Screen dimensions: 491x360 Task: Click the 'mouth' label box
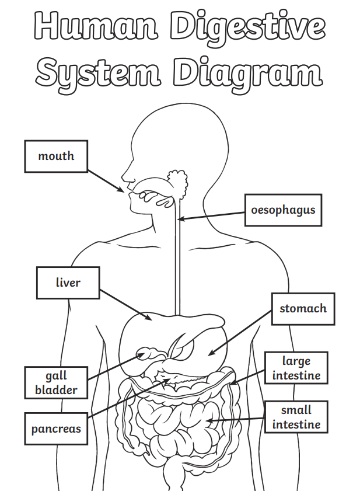coord(56,156)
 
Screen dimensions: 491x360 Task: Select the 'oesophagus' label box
coord(283,210)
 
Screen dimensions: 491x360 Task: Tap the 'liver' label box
coord(68,283)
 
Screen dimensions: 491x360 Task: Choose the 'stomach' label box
coord(303,308)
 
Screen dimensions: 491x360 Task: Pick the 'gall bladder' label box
coord(56,382)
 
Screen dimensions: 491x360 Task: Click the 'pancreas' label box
coord(56,429)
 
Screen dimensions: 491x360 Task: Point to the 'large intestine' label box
coord(296,368)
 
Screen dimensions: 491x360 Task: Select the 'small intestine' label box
coord(296,417)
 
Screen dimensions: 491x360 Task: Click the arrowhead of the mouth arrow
coord(122,190)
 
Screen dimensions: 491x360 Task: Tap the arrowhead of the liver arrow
coord(151,319)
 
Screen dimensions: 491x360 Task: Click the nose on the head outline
coord(124,175)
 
